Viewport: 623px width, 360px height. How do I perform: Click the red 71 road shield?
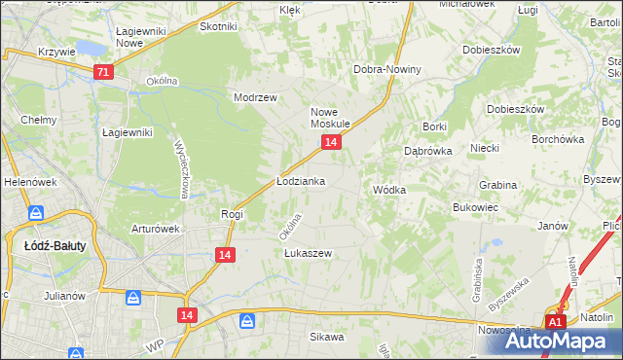[x=104, y=72]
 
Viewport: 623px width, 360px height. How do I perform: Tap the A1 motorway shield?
[x=555, y=322]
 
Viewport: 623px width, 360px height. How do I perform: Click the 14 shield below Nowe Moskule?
[x=332, y=142]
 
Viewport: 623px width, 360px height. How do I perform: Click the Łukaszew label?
[x=308, y=253]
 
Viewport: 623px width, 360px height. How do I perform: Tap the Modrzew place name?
[x=256, y=97]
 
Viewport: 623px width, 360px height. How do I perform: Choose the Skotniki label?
[x=219, y=26]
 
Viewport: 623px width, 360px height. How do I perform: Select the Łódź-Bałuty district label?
[x=55, y=246]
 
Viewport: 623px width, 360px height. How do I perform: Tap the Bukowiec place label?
[x=476, y=207]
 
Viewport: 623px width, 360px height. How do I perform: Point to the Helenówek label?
[x=25, y=182]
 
